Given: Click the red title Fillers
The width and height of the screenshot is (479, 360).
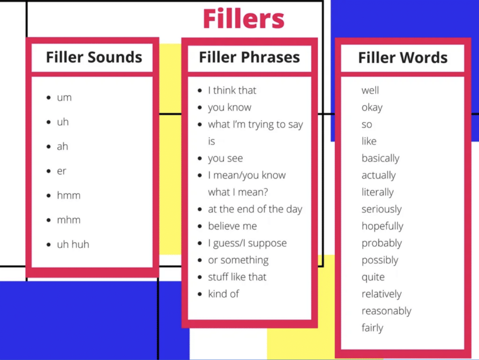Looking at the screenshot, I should (243, 19).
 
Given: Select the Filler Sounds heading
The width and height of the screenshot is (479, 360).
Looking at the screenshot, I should (94, 57).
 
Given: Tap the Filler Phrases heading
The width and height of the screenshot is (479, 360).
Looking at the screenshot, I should (249, 57).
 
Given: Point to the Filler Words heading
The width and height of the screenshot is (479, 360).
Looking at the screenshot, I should (403, 58).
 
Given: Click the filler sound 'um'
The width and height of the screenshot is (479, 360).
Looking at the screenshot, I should (64, 98).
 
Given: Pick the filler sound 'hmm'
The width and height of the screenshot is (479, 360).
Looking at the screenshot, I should (69, 195).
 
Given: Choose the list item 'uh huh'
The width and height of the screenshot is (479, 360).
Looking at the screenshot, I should (73, 244).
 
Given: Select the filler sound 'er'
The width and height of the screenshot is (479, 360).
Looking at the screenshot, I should (62, 171).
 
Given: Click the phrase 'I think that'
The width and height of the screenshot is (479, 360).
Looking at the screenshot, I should (232, 90).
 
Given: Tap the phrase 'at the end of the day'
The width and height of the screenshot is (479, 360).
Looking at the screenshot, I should (255, 209).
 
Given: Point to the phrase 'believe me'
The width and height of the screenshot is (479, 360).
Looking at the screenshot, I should (232, 226).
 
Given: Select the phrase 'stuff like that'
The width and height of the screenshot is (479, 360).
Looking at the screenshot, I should (237, 277).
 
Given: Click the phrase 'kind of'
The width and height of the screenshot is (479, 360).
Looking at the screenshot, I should (224, 294).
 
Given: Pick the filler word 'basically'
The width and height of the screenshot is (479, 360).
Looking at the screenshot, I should (380, 158).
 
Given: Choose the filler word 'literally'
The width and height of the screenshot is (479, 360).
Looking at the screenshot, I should (377, 192).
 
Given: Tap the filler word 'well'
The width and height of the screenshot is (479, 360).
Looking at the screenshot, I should (370, 90).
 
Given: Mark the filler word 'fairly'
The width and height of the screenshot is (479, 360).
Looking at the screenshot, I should (372, 328).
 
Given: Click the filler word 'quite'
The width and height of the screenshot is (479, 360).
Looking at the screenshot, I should (373, 277).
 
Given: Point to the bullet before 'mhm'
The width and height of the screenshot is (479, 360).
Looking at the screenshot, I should (48, 220).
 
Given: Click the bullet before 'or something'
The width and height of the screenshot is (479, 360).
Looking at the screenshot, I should (200, 260).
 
